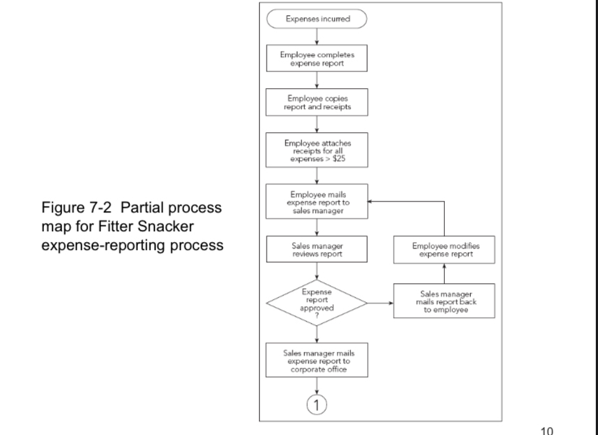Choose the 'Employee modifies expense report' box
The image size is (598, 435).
[x=443, y=250]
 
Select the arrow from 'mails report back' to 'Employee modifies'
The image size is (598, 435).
[x=443, y=274]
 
